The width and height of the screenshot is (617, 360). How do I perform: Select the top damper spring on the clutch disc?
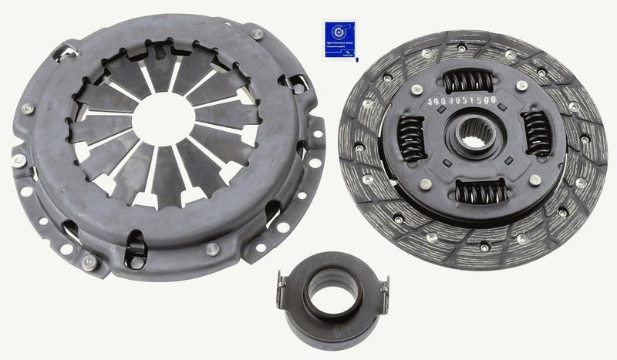[468, 79]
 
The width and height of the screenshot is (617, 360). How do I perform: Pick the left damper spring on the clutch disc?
[411, 138]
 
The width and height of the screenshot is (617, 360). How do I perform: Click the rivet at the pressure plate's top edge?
[257, 34]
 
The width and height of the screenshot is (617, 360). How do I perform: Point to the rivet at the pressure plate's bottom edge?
[212, 248]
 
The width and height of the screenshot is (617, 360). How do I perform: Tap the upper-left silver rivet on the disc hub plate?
[417, 89]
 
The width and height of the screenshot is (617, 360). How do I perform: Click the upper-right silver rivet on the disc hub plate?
[521, 86]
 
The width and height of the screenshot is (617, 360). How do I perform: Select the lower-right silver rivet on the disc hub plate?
[535, 180]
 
